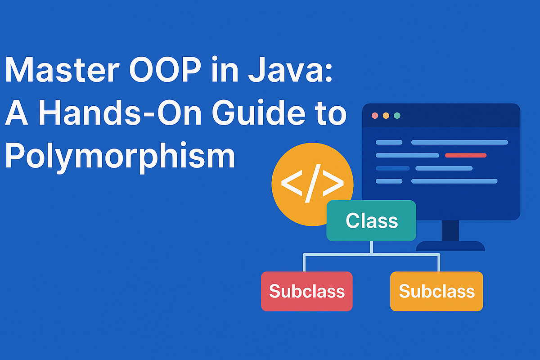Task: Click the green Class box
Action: point(371,220)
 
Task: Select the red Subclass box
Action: point(307,291)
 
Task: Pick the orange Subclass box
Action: point(436,291)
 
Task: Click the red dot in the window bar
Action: point(374,116)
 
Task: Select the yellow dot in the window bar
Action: point(386,116)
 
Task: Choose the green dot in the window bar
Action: point(397,116)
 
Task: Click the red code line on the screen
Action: point(465,155)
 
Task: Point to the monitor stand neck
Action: point(450,230)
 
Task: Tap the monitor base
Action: point(450,246)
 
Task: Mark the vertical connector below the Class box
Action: point(371,247)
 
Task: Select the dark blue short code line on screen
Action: point(392,168)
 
